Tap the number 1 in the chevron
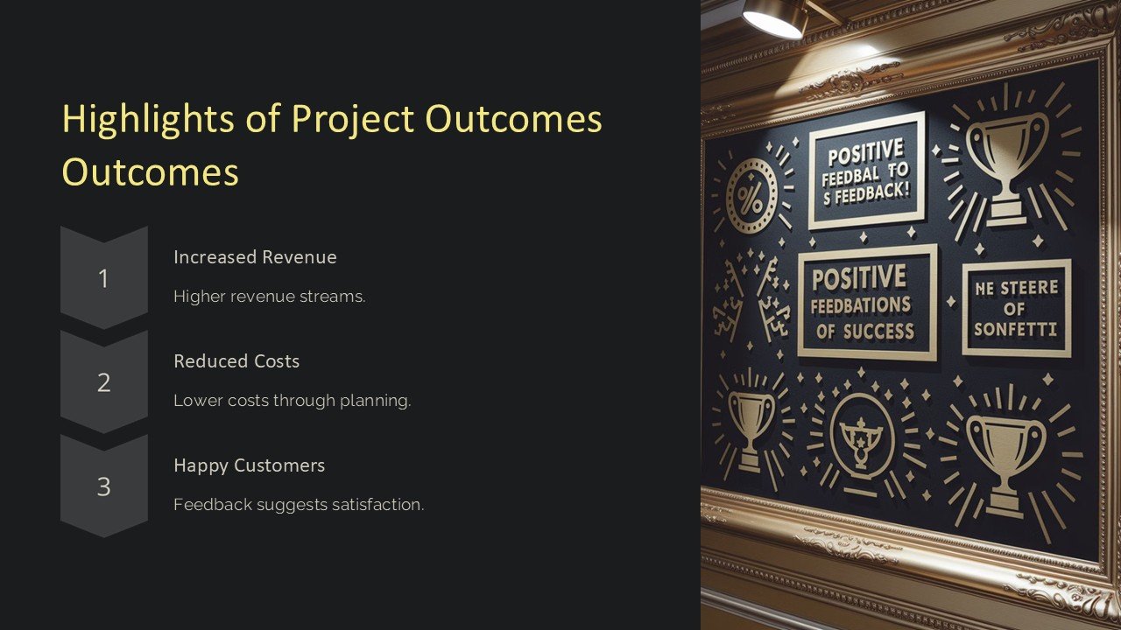(103, 278)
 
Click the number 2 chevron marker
(103, 382)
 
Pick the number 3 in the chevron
(103, 486)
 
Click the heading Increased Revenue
(255, 257)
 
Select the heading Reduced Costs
(236, 361)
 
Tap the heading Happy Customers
(249, 465)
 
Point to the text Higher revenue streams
(269, 297)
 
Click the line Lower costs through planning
(292, 401)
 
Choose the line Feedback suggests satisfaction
(299, 505)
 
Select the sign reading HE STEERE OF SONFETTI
(1016, 308)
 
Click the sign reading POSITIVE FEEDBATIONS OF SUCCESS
(866, 303)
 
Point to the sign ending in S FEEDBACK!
(866, 170)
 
